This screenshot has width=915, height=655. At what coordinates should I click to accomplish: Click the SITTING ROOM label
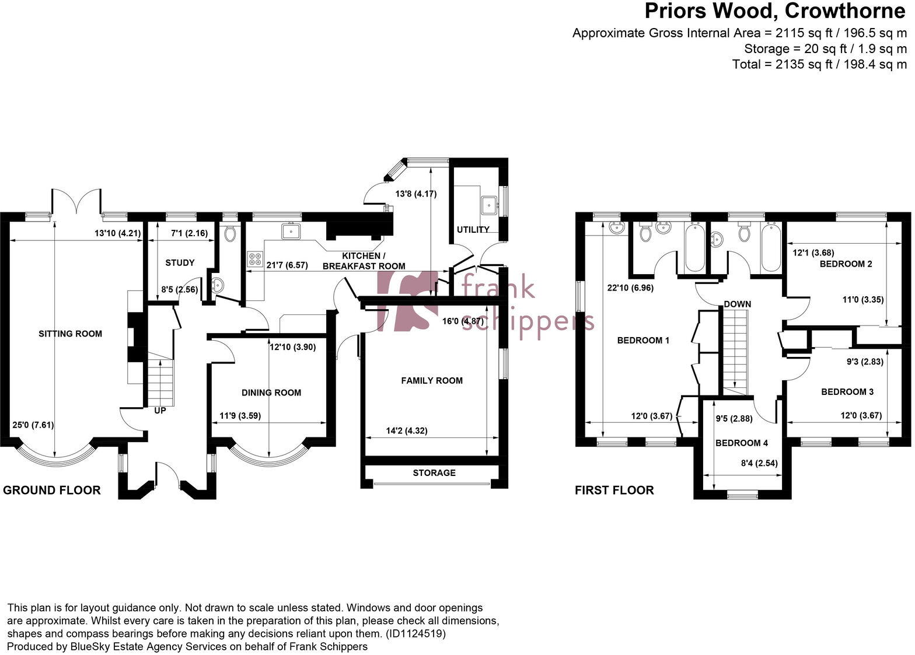70,334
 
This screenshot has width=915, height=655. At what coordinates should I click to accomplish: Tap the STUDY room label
180,262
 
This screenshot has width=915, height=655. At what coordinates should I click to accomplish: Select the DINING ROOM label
271,393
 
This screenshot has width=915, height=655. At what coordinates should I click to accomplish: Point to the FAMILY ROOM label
432,380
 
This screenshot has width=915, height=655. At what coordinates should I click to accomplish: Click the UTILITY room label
473,229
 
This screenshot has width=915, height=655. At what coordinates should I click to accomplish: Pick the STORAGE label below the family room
434,472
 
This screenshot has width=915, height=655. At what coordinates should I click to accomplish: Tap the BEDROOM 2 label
846,264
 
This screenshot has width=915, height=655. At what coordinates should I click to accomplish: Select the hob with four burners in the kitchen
255,259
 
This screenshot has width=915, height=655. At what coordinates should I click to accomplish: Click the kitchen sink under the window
290,232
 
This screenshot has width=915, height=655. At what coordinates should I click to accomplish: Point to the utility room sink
488,204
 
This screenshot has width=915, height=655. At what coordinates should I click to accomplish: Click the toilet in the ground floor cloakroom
230,233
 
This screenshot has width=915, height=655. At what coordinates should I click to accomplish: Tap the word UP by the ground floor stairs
160,411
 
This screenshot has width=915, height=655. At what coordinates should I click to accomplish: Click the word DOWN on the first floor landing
738,304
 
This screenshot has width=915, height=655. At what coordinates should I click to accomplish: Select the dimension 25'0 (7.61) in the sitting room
33,425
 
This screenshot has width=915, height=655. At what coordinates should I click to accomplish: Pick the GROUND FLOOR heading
52,490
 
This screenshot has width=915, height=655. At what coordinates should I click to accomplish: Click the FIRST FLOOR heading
614,490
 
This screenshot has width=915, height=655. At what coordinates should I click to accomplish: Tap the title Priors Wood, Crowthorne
776,11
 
